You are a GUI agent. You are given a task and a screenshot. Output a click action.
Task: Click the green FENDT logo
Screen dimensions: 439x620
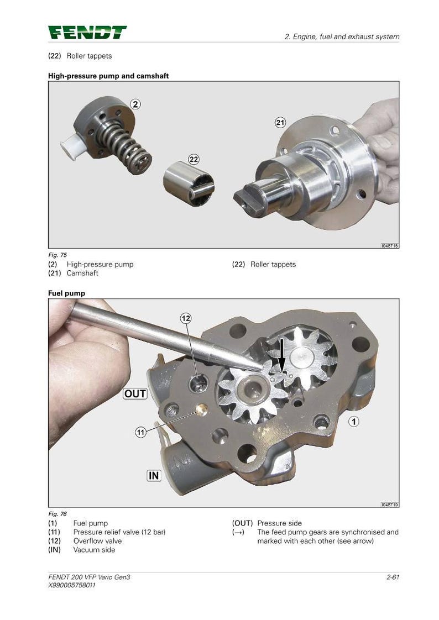click(87, 33)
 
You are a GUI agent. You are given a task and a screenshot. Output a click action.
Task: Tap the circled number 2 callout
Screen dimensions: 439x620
click(135, 104)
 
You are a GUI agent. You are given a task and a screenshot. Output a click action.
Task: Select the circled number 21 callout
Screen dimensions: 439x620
click(280, 123)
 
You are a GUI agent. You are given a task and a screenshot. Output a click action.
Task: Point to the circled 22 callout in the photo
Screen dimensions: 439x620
click(194, 159)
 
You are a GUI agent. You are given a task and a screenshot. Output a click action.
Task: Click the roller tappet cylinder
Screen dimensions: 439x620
click(189, 183)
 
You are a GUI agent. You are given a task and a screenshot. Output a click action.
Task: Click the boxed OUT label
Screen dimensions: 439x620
click(135, 394)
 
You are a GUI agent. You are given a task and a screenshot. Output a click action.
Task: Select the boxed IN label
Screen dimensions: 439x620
click(154, 475)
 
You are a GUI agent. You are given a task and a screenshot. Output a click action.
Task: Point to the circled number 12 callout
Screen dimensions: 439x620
click(186, 318)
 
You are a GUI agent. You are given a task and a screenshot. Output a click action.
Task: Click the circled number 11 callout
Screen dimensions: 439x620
click(141, 432)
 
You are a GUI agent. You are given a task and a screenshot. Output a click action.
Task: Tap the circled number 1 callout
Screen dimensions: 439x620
click(353, 422)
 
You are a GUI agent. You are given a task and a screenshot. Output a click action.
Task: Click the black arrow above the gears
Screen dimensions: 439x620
click(281, 354)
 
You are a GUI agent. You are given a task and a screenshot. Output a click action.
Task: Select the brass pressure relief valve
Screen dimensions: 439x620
click(202, 409)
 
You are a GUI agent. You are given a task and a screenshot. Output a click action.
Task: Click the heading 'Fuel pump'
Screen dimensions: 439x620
click(66, 293)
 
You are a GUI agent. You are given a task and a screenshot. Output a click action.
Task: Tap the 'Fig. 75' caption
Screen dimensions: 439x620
click(58, 255)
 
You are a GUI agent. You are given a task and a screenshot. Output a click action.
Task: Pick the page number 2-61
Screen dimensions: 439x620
click(393, 577)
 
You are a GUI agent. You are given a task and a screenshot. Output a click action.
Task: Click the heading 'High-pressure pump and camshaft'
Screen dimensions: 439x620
click(108, 76)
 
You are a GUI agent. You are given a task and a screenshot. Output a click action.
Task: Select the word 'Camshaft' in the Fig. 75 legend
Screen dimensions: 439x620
click(82, 273)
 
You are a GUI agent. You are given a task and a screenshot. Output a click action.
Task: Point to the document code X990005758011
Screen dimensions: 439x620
click(71, 585)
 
